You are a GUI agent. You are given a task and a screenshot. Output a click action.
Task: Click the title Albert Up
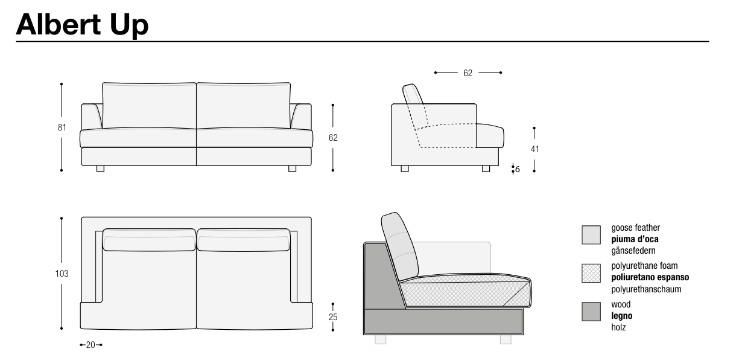click(82, 25)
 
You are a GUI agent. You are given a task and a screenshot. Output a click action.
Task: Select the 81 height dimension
click(62, 127)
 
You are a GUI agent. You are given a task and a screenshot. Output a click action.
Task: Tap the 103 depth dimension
click(62, 274)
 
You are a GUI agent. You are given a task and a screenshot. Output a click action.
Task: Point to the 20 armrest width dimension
click(90, 345)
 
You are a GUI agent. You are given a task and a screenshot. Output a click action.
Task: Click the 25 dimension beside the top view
click(333, 317)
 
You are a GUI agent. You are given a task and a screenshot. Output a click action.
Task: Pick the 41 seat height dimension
click(534, 149)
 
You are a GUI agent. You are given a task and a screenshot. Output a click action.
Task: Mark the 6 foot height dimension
click(518, 170)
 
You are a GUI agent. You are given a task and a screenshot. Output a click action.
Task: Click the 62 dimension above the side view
click(468, 73)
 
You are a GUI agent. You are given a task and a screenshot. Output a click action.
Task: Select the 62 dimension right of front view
click(333, 138)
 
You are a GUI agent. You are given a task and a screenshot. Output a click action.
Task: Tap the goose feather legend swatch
click(591, 235)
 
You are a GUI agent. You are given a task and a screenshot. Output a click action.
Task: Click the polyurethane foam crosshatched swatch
click(591, 273)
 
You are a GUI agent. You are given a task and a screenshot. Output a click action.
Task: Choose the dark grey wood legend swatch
click(591, 311)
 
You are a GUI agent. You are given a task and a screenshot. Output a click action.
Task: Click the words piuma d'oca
click(635, 239)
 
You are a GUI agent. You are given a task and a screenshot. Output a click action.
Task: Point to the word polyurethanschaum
click(646, 289)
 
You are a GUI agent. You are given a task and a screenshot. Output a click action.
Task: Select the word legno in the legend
click(622, 316)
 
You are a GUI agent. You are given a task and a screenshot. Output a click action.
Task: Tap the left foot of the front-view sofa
click(100, 169)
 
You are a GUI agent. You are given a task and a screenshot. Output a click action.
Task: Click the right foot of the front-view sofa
click(292, 169)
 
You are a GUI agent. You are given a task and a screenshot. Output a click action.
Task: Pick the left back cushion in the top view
click(149, 240)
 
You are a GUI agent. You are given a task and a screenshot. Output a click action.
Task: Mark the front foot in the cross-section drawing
click(506, 339)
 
